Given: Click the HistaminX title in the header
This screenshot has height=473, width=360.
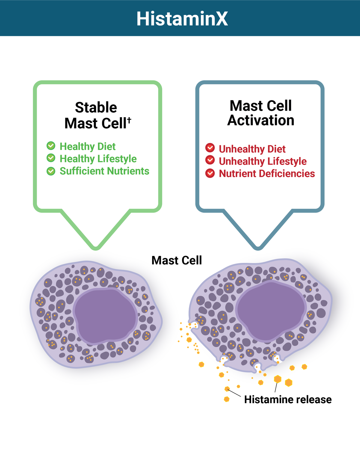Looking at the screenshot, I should point(182,19).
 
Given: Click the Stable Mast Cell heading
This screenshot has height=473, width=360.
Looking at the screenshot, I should point(96,115).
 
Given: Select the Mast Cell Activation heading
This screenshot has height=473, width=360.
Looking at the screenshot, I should point(261,113).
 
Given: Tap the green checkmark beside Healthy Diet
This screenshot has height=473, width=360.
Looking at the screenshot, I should point(51,146).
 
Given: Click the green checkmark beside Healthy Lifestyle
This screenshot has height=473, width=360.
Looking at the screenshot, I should point(51,158).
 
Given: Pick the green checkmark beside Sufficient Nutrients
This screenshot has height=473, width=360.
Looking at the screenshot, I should point(51,171).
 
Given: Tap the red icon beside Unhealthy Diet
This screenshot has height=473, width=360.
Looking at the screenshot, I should point(210,148).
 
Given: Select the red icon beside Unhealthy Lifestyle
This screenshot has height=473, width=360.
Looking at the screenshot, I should point(210,160).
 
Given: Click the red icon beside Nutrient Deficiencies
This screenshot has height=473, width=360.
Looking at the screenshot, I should point(210,173).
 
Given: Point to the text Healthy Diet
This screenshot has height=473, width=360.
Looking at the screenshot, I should point(88,146).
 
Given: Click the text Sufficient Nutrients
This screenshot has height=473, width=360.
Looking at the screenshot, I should point(104,171).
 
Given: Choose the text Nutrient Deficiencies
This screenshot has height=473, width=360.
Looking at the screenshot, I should point(267,174).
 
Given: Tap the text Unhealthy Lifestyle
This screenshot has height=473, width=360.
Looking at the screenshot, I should point(262,161).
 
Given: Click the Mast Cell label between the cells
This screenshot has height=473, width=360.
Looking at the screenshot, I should point(177,260).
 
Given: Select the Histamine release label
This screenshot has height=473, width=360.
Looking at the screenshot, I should point(288,400).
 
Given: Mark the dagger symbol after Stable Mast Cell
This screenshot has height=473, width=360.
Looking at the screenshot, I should point(129,120).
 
